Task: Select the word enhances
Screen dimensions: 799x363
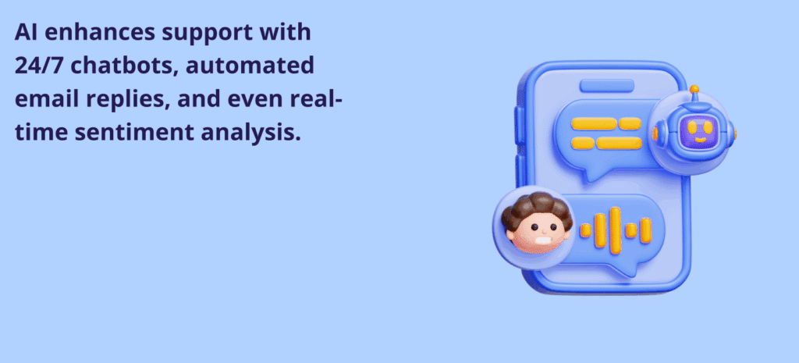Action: (x=99, y=33)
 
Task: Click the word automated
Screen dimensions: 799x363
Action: (x=250, y=67)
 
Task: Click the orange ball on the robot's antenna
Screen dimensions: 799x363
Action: (x=694, y=89)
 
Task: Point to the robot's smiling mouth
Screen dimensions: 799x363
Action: (x=701, y=138)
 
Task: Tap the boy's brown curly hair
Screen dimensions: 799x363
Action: (x=537, y=207)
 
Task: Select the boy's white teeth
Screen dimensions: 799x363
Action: (x=543, y=240)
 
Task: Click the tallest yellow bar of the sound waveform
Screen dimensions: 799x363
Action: (x=616, y=230)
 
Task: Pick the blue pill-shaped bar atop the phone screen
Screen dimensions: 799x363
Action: (x=607, y=86)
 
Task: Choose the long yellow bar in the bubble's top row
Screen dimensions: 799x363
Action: (x=594, y=124)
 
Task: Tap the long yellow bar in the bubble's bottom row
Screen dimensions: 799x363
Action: (x=619, y=144)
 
